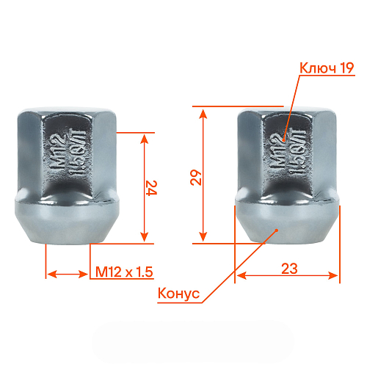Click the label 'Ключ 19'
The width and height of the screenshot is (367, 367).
[x=327, y=68]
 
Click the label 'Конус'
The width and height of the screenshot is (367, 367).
[x=178, y=294]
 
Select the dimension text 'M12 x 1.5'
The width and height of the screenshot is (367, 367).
[x=123, y=272]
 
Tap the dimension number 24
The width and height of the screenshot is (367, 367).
[x=151, y=188]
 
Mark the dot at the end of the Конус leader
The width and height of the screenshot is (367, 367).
[x=275, y=231]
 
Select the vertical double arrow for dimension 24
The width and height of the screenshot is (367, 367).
[x=144, y=187]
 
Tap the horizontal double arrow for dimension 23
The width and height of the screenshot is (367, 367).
[x=288, y=276]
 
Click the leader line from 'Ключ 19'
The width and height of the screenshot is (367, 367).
[x=290, y=106]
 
